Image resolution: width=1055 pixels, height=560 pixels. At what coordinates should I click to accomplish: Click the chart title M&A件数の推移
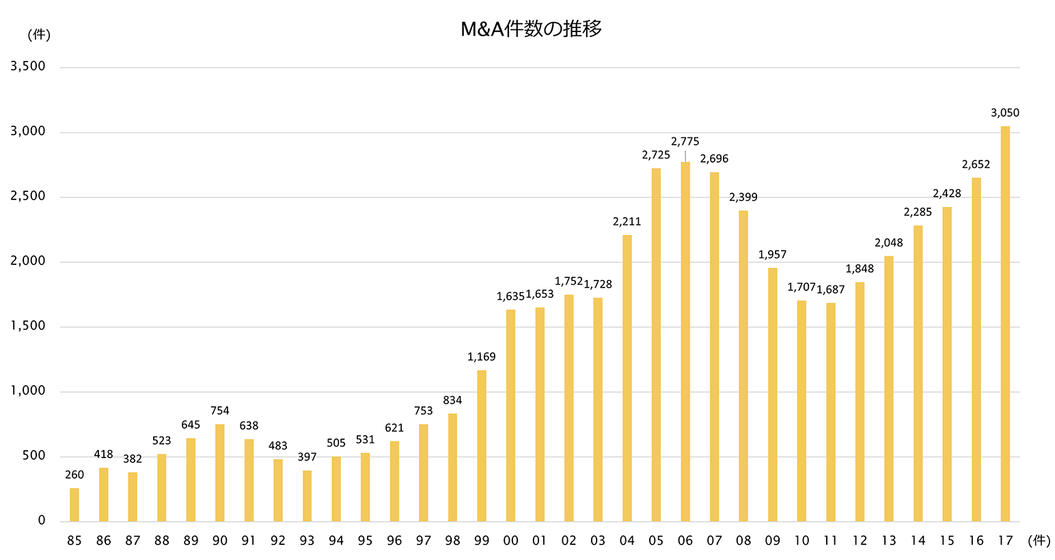point(531,29)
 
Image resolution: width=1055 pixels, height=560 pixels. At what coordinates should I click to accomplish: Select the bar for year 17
point(1005,324)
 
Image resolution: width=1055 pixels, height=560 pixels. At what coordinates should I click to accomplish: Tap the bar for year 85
point(74,505)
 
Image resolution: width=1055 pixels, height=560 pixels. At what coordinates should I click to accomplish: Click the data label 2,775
point(685,141)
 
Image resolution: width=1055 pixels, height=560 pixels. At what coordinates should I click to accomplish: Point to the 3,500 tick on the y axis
point(28,66)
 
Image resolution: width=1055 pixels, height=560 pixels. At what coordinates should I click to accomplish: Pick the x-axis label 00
point(510,541)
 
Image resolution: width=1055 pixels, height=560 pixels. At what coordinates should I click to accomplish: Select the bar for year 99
point(482,446)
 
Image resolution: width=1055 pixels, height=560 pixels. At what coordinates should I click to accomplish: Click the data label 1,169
point(482,356)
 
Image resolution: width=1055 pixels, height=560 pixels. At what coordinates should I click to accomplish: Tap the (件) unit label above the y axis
point(39,34)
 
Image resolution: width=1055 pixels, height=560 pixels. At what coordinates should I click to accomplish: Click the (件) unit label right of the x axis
point(1039,541)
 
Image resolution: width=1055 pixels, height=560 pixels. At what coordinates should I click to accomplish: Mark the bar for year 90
point(220,473)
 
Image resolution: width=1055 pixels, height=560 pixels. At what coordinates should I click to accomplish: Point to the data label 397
point(307,457)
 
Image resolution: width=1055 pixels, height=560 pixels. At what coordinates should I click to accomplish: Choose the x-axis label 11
point(830,541)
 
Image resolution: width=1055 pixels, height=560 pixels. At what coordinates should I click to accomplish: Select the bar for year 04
point(627,378)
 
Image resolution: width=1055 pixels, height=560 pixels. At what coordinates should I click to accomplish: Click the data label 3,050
point(1005,113)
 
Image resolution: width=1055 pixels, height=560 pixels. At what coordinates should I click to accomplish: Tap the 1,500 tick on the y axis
point(28,326)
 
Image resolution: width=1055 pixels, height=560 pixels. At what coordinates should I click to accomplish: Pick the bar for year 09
point(772,395)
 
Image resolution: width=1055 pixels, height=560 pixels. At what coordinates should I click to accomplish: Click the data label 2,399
point(743,197)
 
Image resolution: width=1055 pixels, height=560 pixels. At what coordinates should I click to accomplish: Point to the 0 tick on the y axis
point(42,520)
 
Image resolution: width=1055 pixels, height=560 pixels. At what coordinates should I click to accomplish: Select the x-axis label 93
point(307,541)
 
